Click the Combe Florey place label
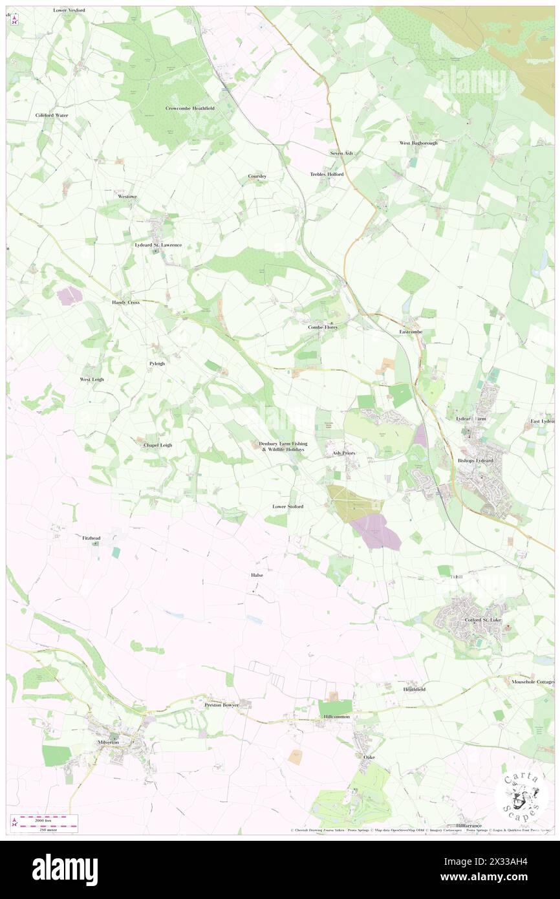click(x=323, y=327)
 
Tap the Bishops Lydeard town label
click(x=475, y=460)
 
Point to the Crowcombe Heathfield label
click(x=189, y=108)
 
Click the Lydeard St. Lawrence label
click(x=158, y=245)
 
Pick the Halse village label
click(x=257, y=574)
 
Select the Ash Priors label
click(x=343, y=453)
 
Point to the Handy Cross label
click(x=125, y=302)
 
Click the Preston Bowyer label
click(x=222, y=704)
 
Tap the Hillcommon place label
click(x=337, y=717)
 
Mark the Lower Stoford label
click(x=288, y=506)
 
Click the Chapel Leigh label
click(x=157, y=445)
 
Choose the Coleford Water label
click(x=52, y=115)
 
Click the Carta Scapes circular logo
click(x=522, y=795)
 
